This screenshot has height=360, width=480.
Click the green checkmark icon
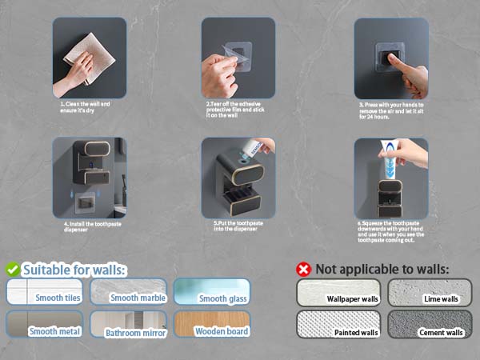coord(13,270)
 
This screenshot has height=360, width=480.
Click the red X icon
coord(304,270)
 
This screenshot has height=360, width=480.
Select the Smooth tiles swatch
coord(44,291)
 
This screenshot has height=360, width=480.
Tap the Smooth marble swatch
coord(128,291)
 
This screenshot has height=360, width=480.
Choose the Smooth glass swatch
coord(212,291)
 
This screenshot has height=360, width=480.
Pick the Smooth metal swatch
coord(44,324)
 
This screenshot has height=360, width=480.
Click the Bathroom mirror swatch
coord(128,324)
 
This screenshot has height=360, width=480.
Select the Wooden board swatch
coord(212,324)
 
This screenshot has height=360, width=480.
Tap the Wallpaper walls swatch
coord(339,292)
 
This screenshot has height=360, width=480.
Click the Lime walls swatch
coord(430,292)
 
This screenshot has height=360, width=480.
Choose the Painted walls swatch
coord(339,324)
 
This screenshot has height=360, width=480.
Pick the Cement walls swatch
coord(430,324)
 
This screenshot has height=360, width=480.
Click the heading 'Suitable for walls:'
coord(74,270)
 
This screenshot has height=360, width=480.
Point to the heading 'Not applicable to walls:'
coord(382,270)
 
